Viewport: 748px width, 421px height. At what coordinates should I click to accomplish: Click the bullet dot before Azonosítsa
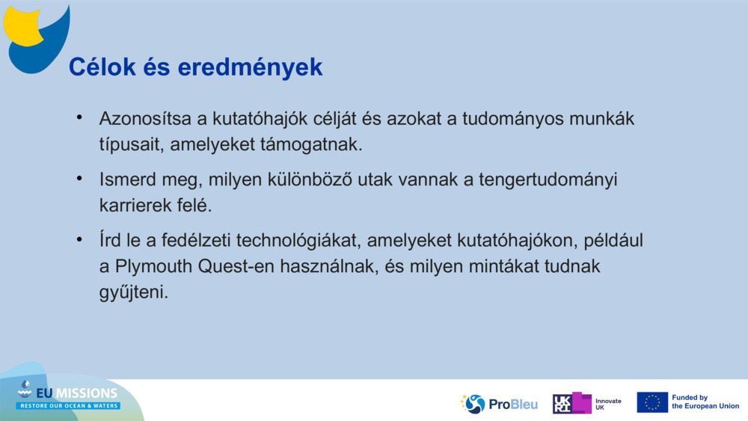pos(79,118)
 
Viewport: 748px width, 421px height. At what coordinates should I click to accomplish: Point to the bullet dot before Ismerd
pos(79,179)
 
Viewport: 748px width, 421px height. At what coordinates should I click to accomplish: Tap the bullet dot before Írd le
pos(79,240)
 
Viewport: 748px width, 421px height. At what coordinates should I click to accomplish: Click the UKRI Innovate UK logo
pos(588,404)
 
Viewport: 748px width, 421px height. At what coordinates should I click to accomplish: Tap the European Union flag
pos(652,402)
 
